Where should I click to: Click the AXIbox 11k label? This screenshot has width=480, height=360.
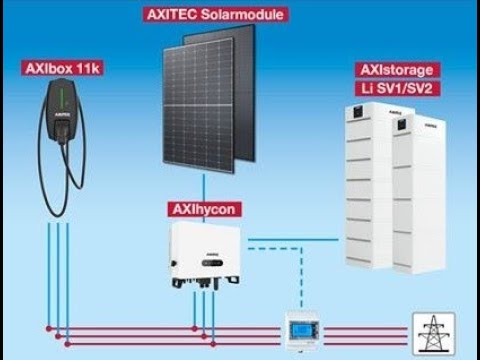point(62,69)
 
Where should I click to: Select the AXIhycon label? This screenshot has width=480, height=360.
point(205,211)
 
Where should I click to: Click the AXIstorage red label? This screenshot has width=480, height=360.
point(398,68)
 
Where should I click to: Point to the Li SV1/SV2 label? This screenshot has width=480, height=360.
point(398,88)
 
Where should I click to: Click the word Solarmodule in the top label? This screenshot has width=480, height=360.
point(232,15)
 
